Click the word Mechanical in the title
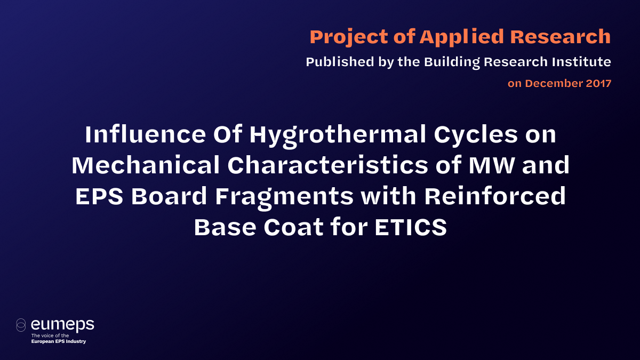[x=145, y=166]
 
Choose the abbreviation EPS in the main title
[x=99, y=197]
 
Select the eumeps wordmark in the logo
[x=62, y=324]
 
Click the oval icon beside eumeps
[x=21, y=325]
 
